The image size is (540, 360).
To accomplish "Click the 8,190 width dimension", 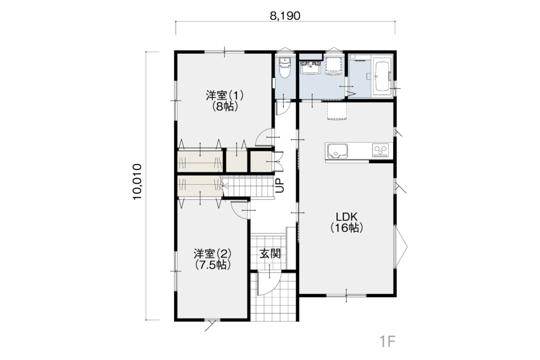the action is pos(285,16).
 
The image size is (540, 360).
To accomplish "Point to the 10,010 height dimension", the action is pos(137,182).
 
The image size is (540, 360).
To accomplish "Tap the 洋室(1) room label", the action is pos(225,96).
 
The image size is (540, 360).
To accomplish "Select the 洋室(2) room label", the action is pos(212,254).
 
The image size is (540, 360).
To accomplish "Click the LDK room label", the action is pos(347,217).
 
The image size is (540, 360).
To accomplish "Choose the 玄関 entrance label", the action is pos(270,254).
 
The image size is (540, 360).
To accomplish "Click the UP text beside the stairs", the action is pos(280,185).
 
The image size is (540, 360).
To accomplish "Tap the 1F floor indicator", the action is pos(387,342).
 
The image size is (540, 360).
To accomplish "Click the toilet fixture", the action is pos(284,68).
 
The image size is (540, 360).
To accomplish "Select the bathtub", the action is pos(381,79).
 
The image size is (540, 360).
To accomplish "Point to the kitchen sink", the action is pos(337,151).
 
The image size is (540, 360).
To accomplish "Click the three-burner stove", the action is pos(380,150).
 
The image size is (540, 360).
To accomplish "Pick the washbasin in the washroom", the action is pos(311,68).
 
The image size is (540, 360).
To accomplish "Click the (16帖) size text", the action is pos(347,228).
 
